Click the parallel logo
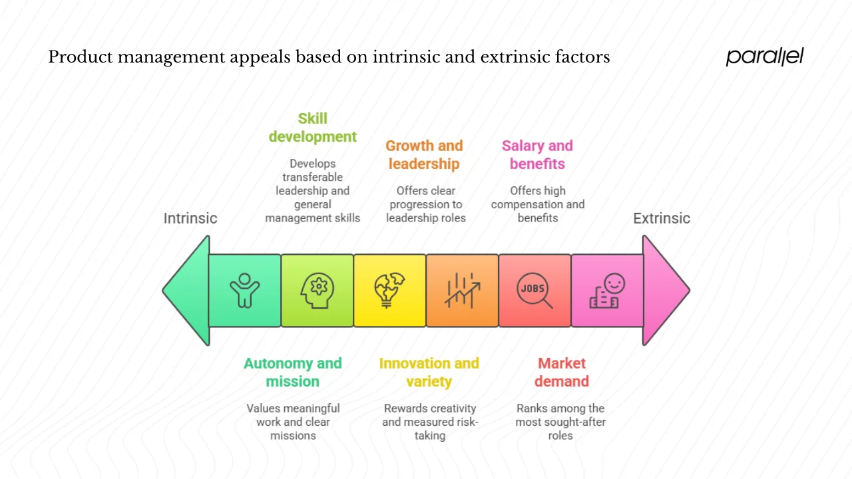764,57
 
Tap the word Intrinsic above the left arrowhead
190,218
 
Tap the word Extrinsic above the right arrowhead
661,218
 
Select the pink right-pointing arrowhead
664,290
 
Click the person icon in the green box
244,291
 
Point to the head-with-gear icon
317,291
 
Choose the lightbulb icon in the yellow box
389,291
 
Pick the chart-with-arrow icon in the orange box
462,291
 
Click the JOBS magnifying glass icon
534,291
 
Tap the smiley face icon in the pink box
607,291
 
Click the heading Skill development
312,128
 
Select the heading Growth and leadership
424,154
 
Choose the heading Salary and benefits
537,154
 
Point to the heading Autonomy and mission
292,373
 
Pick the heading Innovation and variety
429,373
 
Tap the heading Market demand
562,373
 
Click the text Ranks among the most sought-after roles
560,422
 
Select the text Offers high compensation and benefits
538,204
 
